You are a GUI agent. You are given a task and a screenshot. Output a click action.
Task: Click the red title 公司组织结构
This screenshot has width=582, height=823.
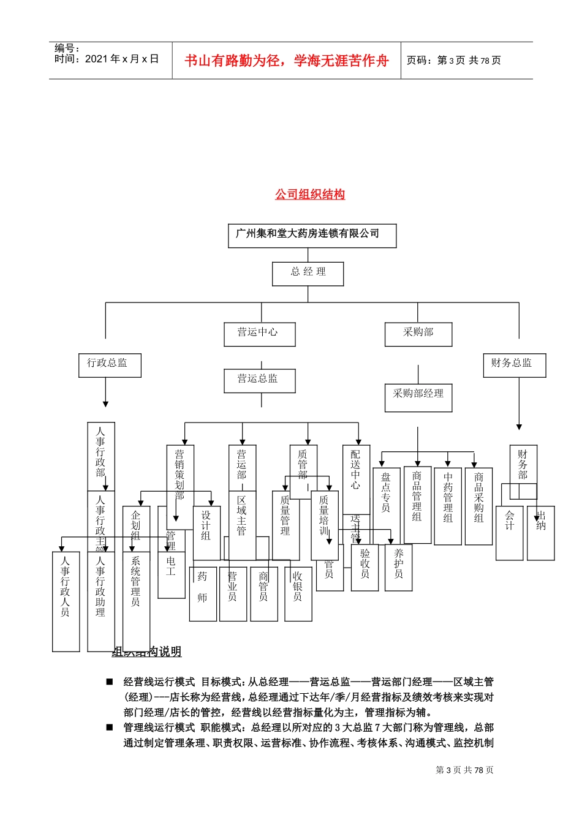pyautogui.click(x=310, y=195)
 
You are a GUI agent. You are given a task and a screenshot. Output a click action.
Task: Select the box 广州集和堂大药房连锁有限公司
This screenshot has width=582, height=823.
pyautogui.click(x=312, y=235)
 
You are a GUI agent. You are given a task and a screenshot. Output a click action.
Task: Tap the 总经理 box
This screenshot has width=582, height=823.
pyautogui.click(x=308, y=273)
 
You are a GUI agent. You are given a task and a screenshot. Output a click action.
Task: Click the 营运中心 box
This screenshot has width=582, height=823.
pyautogui.click(x=259, y=334)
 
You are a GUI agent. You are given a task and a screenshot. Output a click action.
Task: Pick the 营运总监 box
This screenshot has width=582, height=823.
pyautogui.click(x=259, y=380)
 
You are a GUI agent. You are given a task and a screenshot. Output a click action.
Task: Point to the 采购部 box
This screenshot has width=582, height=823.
pyautogui.click(x=418, y=334)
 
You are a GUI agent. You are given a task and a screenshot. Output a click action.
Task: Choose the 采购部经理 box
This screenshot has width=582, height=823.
pyautogui.click(x=418, y=397)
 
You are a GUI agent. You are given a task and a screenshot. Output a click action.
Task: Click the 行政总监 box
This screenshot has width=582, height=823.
pyautogui.click(x=110, y=365)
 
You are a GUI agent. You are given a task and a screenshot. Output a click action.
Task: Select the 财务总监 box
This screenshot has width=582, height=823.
pyautogui.click(x=514, y=365)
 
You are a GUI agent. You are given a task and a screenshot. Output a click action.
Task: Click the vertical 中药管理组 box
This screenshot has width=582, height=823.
pyautogui.click(x=448, y=506)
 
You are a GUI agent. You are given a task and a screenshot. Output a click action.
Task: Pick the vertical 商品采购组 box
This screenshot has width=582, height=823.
pyautogui.click(x=478, y=506)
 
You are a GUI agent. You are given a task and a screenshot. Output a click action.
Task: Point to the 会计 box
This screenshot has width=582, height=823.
pyautogui.click(x=509, y=533)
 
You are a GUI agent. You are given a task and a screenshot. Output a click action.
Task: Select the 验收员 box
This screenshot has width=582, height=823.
pyautogui.click(x=365, y=567)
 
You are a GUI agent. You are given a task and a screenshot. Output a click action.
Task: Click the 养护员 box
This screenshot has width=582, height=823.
pyautogui.click(x=398, y=567)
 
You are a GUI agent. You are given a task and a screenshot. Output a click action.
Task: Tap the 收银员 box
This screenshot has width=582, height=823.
pyautogui.click(x=298, y=593)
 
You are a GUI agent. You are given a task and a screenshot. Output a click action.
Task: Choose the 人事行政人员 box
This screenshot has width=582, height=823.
pyautogui.click(x=66, y=600)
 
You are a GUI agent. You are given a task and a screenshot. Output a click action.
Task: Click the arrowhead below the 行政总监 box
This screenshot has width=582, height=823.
pyautogui.click(x=105, y=404)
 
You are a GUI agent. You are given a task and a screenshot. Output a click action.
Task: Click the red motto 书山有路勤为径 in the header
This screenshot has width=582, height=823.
pyautogui.click(x=286, y=61)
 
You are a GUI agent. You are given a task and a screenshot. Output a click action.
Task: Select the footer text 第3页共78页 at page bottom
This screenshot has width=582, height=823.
pyautogui.click(x=464, y=770)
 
